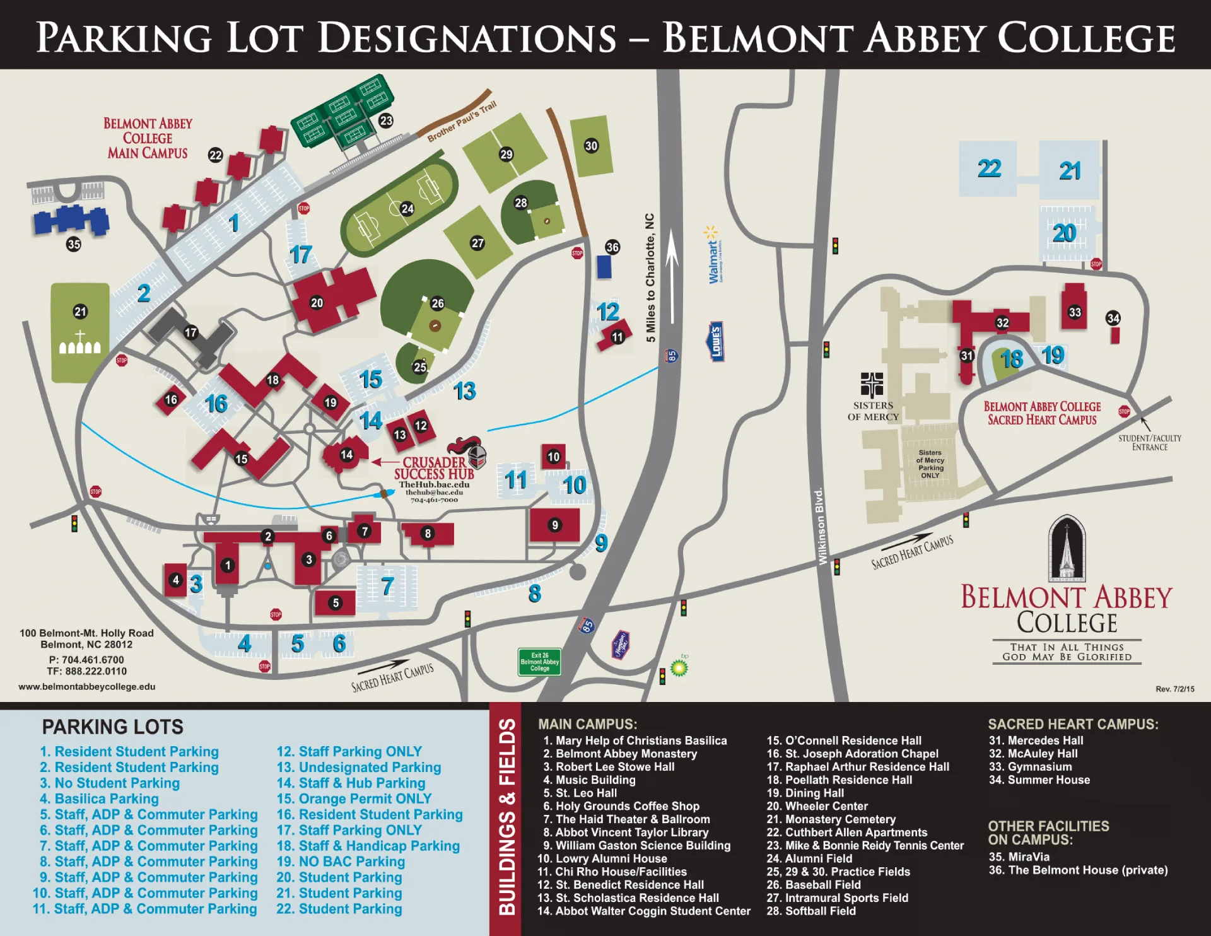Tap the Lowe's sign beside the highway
coord(715,342)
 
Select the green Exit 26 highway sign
coord(539,662)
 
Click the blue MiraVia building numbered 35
coord(71,220)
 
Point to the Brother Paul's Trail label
coord(462,121)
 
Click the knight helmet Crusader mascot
coord(474,452)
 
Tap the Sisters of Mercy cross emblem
coord(872,384)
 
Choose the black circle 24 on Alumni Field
coord(407,209)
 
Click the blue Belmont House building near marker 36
coord(604,267)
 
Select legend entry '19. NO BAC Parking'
coord(341,862)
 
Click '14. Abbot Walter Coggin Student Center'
coord(644,911)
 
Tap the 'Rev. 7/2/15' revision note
coord(1174,689)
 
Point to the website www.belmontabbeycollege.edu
coord(87,686)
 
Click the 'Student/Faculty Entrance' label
coord(1149,442)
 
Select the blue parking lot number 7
coord(387,587)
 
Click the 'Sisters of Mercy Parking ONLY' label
coord(930,464)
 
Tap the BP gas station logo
coord(679,667)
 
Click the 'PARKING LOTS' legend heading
coord(112,727)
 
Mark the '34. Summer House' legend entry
coord(1039,780)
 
